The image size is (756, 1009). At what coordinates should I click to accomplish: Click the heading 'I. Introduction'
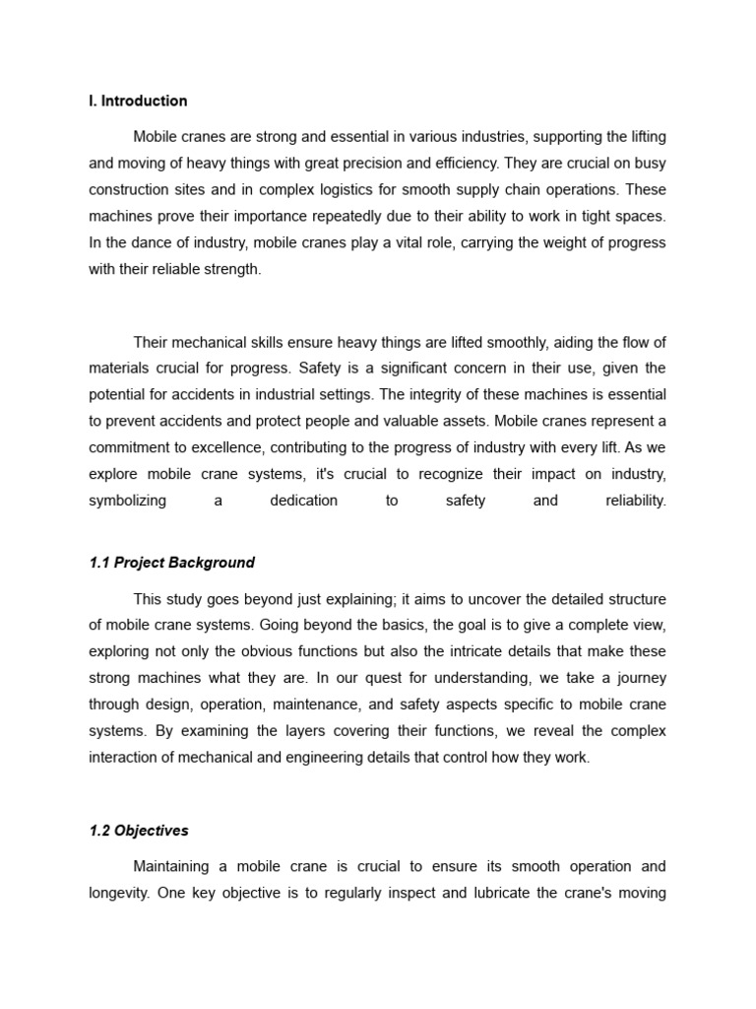pos(138,101)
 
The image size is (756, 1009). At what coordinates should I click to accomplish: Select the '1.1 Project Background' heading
pos(171,563)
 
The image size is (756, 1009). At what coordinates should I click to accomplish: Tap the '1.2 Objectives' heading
pos(138,831)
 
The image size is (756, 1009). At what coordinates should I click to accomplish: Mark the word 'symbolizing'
pos(127,501)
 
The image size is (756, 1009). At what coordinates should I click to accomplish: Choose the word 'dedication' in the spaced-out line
pos(303,501)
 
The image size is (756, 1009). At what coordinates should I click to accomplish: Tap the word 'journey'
pos(639,679)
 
